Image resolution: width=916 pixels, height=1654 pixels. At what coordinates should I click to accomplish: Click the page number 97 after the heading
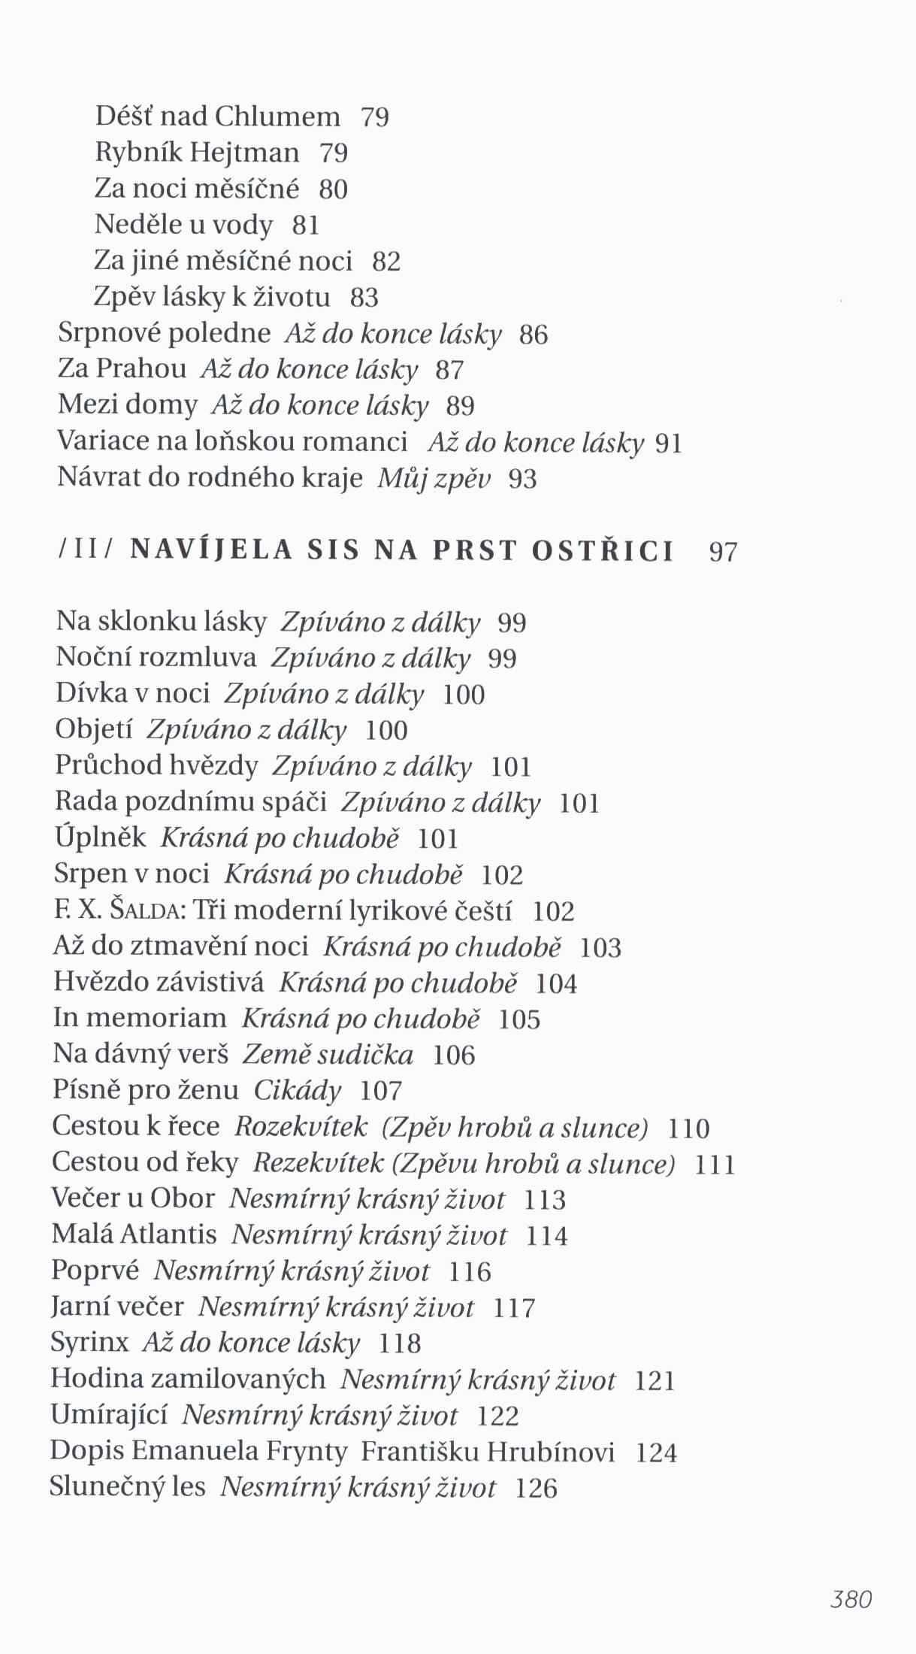723,553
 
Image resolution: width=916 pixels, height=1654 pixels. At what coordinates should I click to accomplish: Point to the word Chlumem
278,117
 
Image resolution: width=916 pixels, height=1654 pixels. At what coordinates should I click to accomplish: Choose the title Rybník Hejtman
197,153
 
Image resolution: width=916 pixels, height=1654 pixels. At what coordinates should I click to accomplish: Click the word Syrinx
89,1342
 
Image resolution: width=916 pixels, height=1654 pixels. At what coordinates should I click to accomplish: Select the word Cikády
298,1090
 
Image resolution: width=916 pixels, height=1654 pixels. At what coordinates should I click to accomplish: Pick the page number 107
381,1091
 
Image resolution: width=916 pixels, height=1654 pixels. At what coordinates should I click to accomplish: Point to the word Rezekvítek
318,1163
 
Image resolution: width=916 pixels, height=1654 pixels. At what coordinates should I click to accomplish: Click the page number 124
656,1453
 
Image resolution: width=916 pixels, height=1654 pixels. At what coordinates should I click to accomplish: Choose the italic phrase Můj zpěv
434,478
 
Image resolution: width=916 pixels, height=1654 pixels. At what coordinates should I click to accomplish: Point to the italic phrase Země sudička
328,1055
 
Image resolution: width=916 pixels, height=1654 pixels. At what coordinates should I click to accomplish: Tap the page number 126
537,1488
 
